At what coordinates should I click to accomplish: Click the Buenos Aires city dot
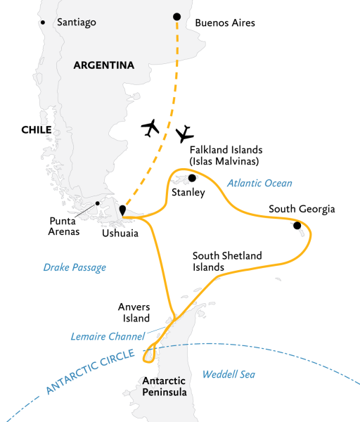176,17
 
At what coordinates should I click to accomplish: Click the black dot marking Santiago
43,23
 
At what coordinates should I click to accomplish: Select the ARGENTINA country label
103,65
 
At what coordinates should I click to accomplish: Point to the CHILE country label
36,129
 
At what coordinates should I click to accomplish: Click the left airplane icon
150,127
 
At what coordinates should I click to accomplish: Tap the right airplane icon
185,133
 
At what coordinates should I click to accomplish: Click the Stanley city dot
191,179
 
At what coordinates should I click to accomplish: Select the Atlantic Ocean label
259,184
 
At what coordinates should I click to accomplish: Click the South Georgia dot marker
297,225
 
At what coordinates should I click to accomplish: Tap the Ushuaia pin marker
122,210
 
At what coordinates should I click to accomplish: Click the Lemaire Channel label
108,336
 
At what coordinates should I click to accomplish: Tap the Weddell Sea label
228,374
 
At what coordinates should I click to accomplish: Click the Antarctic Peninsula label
165,387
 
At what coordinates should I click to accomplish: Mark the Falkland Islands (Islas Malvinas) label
226,155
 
